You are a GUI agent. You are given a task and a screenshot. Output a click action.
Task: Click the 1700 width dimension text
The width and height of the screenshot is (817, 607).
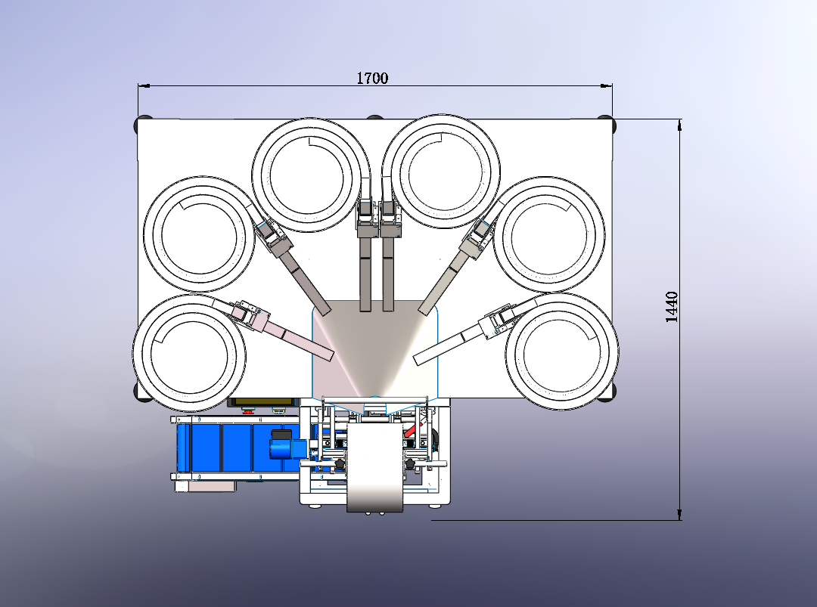tap(372, 78)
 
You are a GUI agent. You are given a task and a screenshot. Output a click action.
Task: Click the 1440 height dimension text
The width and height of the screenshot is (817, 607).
tap(672, 307)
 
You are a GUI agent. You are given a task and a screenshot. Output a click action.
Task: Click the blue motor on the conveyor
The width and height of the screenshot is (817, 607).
tap(281, 444)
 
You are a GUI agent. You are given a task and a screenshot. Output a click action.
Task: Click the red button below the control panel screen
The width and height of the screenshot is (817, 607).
tap(247, 411)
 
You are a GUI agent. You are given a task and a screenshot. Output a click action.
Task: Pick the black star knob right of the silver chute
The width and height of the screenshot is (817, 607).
tap(412, 463)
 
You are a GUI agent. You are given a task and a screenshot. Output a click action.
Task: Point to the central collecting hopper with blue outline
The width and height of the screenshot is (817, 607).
tap(375, 348)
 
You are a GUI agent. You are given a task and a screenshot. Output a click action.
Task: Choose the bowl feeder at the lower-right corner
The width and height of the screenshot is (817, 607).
tap(561, 349)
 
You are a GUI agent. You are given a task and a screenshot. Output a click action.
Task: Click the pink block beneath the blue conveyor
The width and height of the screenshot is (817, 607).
tap(211, 487)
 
